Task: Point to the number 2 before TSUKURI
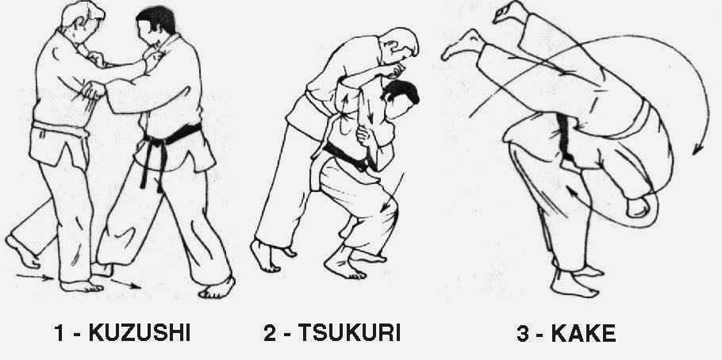pyautogui.click(x=269, y=332)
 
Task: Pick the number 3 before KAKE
pyautogui.click(x=522, y=332)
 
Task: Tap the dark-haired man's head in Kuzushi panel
pyautogui.click(x=158, y=29)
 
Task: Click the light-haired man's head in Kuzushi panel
pyautogui.click(x=84, y=19)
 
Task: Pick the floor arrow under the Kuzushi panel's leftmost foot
pyautogui.click(x=36, y=277)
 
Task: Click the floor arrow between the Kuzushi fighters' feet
pyautogui.click(x=125, y=283)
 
